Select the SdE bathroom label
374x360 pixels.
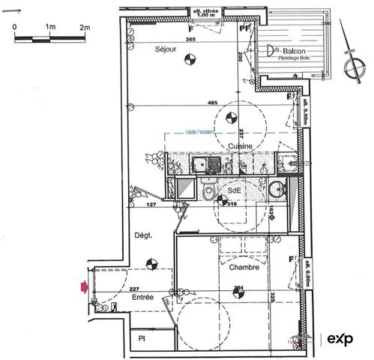(234, 190)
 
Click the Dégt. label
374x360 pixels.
(142, 235)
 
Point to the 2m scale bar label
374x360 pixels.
(85, 26)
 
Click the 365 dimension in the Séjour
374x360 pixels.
(191, 39)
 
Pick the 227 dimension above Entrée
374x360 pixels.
(134, 289)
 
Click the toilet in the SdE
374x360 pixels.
(208, 194)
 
